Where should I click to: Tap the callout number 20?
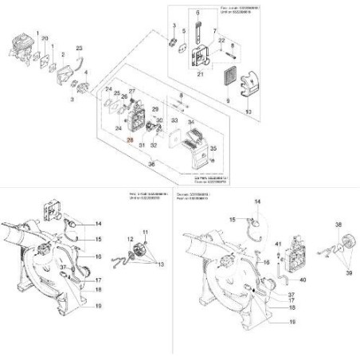click(45, 39)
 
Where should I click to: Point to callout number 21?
click(202, 75)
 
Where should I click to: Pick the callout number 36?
click(151, 164)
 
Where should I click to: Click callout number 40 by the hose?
click(303, 280)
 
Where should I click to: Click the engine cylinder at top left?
click(20, 41)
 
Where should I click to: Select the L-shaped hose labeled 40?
click(286, 272)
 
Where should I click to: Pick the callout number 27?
click(132, 92)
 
